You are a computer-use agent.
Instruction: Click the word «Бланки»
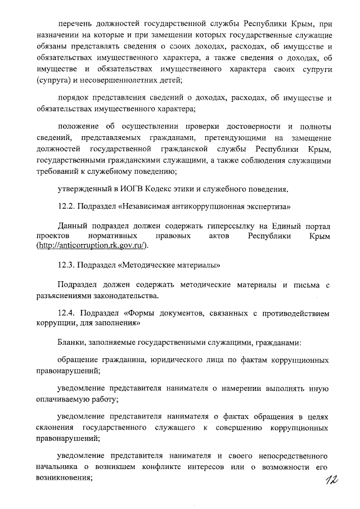coord(71,342)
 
